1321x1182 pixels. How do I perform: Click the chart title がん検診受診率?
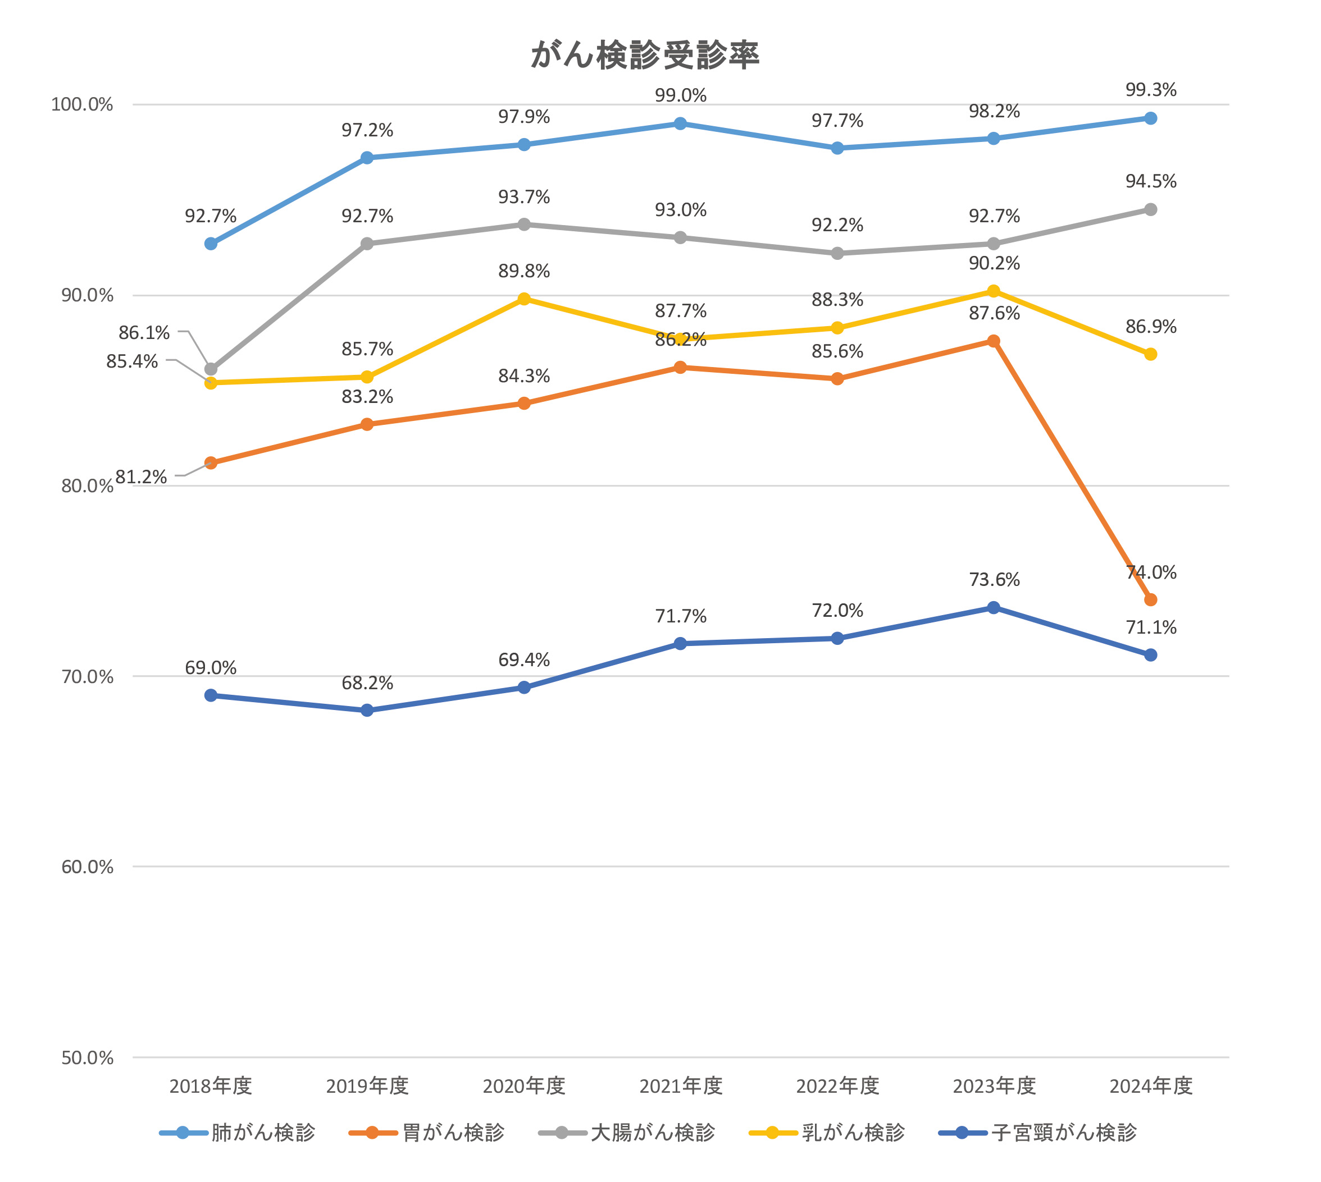pos(645,54)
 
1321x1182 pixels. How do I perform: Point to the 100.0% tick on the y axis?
pos(82,104)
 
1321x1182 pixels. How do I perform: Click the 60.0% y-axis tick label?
pos(87,867)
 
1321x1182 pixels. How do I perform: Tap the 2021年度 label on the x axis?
pos(680,1086)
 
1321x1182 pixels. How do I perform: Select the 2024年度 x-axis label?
pos(1151,1086)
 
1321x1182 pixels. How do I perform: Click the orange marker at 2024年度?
pos(1151,599)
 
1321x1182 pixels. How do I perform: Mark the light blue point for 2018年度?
pos(211,244)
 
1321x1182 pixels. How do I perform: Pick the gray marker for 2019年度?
pos(367,244)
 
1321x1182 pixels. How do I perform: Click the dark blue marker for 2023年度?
pos(994,607)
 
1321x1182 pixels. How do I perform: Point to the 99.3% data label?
pos(1151,90)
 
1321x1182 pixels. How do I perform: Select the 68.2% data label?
pos(367,683)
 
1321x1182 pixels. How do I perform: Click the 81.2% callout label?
pos(141,477)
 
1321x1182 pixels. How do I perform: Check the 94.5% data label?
pos(1151,181)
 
